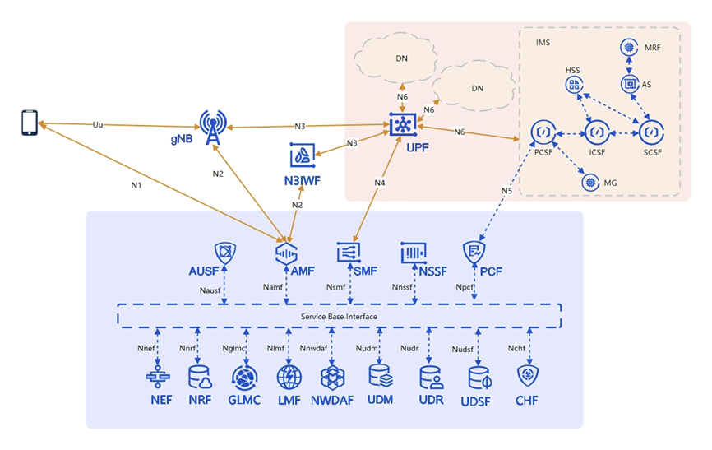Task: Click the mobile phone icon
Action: (30, 123)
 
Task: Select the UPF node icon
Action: (402, 125)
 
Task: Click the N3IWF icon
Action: (301, 155)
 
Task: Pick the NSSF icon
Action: (412, 253)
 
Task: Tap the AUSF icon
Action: (224, 253)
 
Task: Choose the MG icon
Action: (589, 182)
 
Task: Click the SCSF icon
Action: (652, 132)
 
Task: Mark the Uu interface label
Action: (98, 124)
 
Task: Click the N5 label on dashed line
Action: (506, 192)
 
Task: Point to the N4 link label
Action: (379, 182)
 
